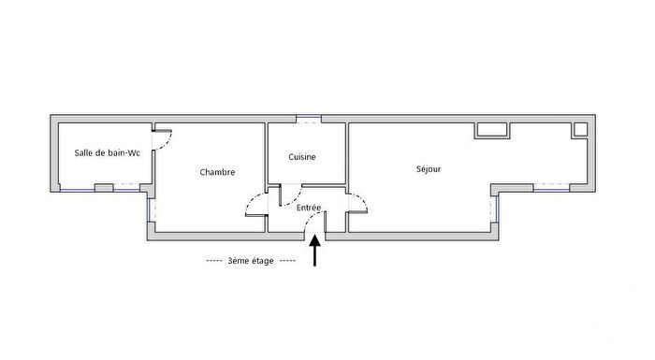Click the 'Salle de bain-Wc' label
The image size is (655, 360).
[x=107, y=153]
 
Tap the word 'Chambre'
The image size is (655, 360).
[x=217, y=172]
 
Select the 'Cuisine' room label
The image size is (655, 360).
[x=301, y=157]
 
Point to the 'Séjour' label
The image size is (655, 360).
[x=429, y=169]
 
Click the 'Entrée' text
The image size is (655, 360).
[x=309, y=208]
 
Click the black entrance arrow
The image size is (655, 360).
[x=315, y=252]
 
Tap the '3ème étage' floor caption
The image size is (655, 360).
[x=250, y=262]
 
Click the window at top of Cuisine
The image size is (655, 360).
[x=308, y=120]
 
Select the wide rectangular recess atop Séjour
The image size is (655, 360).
[x=491, y=130]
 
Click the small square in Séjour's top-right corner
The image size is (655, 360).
[x=580, y=128]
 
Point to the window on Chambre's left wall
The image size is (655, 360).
[x=147, y=212]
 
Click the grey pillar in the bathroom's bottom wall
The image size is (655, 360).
[x=103, y=189]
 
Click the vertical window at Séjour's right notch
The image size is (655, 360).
[x=493, y=210]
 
